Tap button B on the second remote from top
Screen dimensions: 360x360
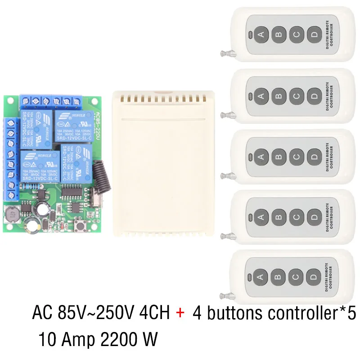coord(279,95)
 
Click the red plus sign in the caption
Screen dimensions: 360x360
coord(180,313)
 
